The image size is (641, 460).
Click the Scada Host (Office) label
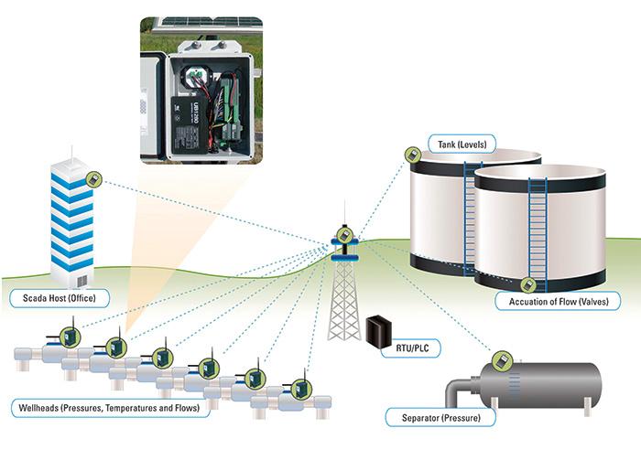[x=59, y=298]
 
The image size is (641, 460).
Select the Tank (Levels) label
[x=462, y=144]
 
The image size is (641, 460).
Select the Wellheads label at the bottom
[x=109, y=408]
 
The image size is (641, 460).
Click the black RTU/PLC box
[x=378, y=330]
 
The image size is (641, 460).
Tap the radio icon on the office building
[x=92, y=178]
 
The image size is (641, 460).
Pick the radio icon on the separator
[x=501, y=358]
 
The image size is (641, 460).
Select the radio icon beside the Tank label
[x=415, y=155]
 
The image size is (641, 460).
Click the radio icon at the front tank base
[x=528, y=283]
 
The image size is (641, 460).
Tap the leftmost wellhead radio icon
[x=68, y=335]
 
